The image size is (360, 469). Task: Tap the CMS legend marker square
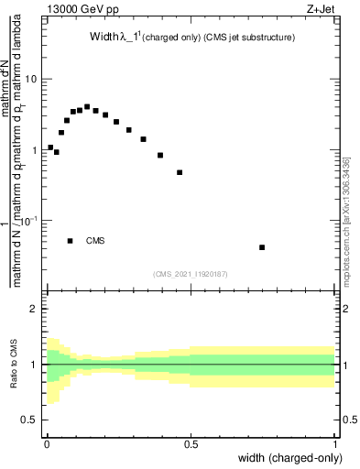[71, 241]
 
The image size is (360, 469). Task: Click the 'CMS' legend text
[95, 241]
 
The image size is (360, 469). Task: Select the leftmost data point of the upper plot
[50, 147]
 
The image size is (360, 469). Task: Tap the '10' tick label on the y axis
[30, 79]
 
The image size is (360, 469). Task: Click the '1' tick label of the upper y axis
[34, 150]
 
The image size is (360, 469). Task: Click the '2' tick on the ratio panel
[34, 309]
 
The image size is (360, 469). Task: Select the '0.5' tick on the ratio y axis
[29, 420]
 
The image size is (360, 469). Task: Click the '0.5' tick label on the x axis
[191, 443]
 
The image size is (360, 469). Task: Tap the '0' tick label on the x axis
[46, 443]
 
